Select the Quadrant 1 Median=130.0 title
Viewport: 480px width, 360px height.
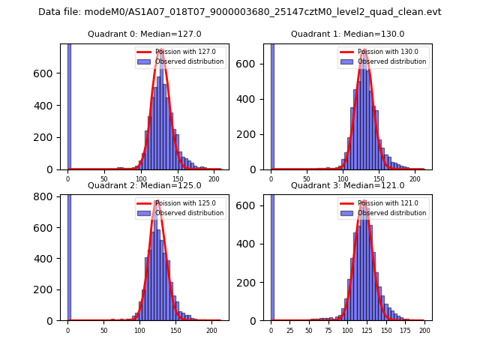[347, 34]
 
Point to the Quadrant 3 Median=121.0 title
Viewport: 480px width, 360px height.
[347, 185]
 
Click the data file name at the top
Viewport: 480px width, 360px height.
[240, 12]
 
